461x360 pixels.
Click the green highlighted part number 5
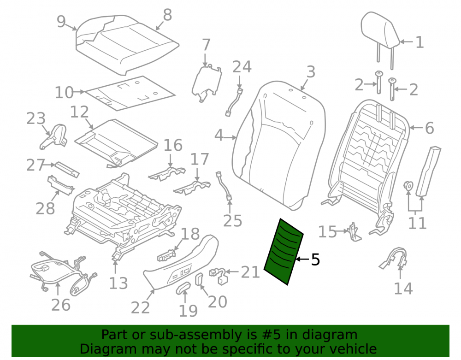284,252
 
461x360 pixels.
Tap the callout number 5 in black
315,260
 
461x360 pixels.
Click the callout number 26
61,305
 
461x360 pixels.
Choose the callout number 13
118,283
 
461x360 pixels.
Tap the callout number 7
206,45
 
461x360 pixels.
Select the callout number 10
64,92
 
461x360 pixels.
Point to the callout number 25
232,221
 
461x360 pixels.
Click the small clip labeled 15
354,232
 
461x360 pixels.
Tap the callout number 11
417,224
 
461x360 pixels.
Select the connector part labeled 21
219,276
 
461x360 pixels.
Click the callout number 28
45,209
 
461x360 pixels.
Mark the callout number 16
173,145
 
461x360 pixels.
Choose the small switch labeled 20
199,279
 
